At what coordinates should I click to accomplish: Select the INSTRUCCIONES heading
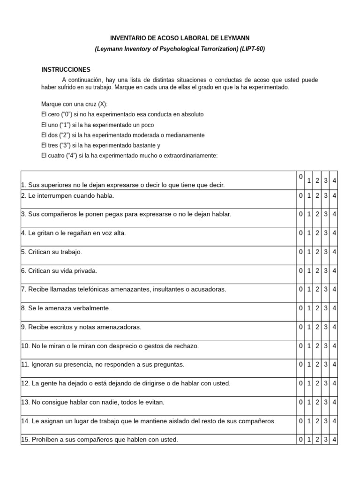pyautogui.click(x=66, y=69)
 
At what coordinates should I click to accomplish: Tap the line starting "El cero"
pyautogui.click(x=122, y=114)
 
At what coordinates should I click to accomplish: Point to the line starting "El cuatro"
pyautogui.click(x=129, y=156)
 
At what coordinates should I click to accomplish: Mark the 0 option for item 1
pyautogui.click(x=300, y=177)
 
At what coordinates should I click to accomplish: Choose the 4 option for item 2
pyautogui.click(x=334, y=196)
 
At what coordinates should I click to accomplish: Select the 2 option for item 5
pyautogui.click(x=317, y=252)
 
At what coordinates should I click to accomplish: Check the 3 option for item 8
pyautogui.click(x=326, y=308)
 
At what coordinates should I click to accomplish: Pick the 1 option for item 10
pyautogui.click(x=309, y=346)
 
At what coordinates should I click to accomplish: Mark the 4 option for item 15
pyautogui.click(x=334, y=440)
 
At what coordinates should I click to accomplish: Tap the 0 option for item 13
pyautogui.click(x=300, y=402)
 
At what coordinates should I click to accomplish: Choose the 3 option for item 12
pyautogui.click(x=326, y=383)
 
